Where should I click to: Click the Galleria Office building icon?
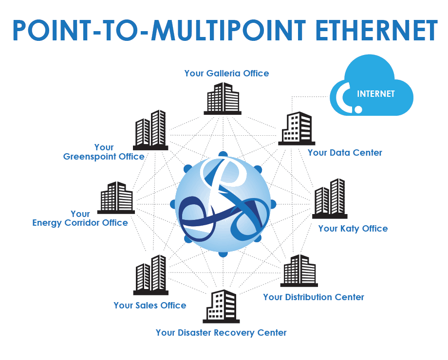(x=223, y=99)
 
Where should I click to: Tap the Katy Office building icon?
(x=330, y=198)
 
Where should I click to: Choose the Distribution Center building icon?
(x=299, y=270)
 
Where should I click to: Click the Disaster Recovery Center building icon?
(x=222, y=306)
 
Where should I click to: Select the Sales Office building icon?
(x=150, y=275)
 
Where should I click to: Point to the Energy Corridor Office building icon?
(x=115, y=198)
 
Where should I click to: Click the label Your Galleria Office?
(x=226, y=73)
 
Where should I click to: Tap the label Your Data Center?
(x=345, y=153)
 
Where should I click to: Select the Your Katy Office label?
(x=353, y=228)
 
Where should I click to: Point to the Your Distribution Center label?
(x=314, y=297)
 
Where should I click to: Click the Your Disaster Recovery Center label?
(x=221, y=333)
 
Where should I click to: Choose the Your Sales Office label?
(x=149, y=306)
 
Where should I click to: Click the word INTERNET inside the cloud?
(x=376, y=94)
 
